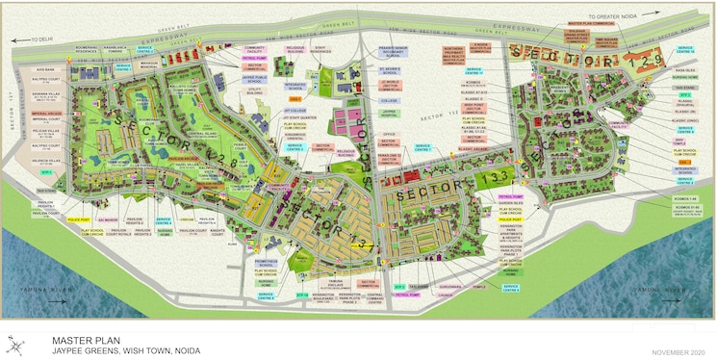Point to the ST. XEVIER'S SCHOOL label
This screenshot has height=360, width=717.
[x=389, y=71]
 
